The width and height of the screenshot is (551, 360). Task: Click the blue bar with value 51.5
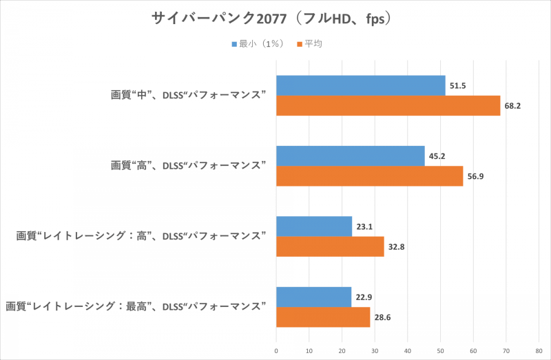(360, 85)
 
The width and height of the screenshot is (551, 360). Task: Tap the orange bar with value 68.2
(388, 106)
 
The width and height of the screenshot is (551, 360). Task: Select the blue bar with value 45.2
(350, 156)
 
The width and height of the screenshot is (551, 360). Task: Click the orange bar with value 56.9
(369, 176)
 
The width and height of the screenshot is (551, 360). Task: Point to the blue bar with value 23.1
(314, 226)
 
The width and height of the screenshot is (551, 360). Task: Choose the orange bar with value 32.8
(330, 246)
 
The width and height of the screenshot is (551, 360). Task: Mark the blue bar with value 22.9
(313, 297)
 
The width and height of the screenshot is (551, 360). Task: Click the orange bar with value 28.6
(323, 317)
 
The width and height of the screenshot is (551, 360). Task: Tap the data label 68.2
(512, 107)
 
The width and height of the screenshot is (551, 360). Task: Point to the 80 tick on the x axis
(539, 350)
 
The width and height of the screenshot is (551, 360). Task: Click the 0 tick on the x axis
(276, 350)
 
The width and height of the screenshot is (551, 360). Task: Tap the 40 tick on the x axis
(408, 350)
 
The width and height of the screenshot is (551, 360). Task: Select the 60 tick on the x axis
(473, 350)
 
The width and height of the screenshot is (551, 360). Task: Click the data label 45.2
(436, 156)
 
